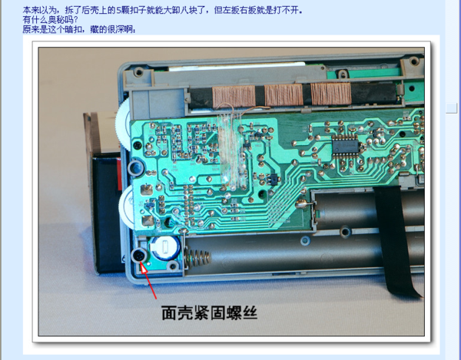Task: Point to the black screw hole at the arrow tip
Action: [x=139, y=255]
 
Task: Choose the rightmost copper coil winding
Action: [x=331, y=94]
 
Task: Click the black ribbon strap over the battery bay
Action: [x=398, y=238]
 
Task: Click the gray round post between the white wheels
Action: [x=136, y=167]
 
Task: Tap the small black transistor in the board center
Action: [x=270, y=179]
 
